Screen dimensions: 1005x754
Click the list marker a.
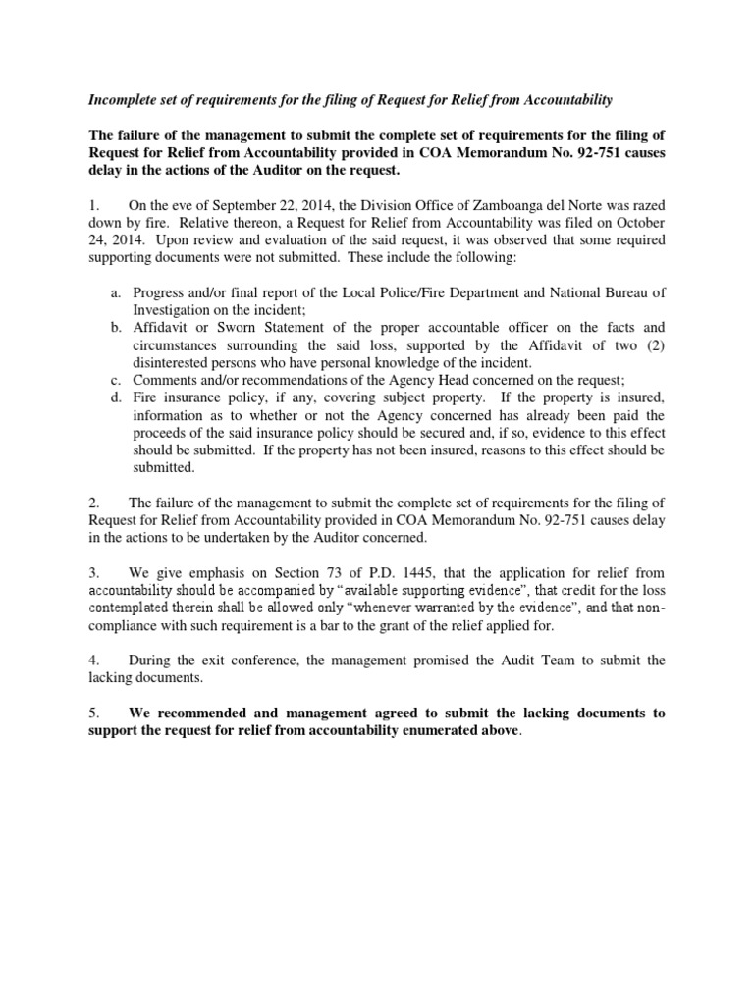click(x=115, y=291)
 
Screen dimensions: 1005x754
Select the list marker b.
click(x=115, y=327)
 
